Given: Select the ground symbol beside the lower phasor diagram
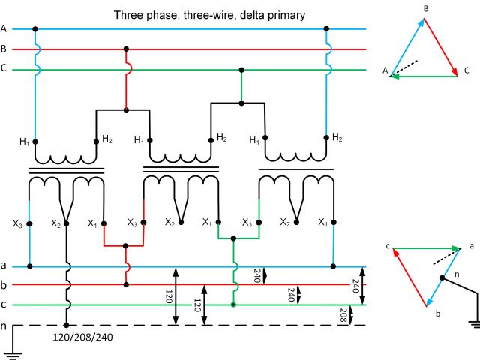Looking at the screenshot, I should pyautogui.click(x=473, y=323).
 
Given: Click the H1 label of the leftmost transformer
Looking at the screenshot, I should pyautogui.click(x=25, y=142).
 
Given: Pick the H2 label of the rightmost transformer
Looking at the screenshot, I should pyautogui.click(x=337, y=137).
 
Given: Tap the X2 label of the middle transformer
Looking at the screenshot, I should pyautogui.click(x=170, y=223).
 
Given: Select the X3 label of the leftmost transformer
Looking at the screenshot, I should pyautogui.click(x=17, y=223).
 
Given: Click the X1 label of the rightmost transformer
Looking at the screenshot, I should pyautogui.click(x=322, y=223).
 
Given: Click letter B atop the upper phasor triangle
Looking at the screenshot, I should pyautogui.click(x=426, y=8).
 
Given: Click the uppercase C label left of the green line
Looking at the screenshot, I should pyautogui.click(x=4, y=69).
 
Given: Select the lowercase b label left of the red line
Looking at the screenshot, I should pyautogui.click(x=4, y=285).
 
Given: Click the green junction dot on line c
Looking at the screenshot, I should pyautogui.click(x=234, y=304).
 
